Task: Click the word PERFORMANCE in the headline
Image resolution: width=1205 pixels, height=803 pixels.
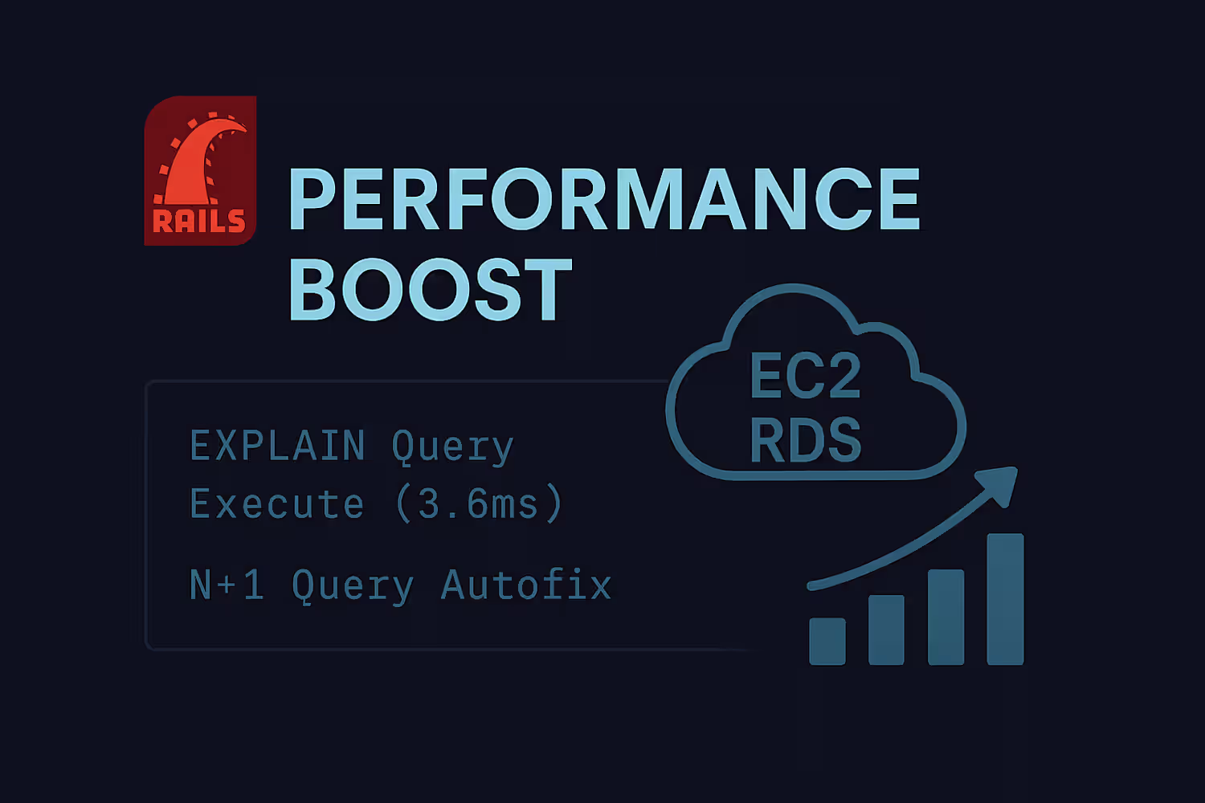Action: coord(605,198)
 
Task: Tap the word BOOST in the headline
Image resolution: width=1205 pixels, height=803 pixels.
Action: coord(431,289)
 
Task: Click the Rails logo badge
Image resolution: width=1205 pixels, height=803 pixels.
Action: coord(200,170)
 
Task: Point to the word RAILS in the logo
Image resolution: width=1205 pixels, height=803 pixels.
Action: coord(199,221)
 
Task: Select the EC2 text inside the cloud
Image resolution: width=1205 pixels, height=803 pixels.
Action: coord(805,377)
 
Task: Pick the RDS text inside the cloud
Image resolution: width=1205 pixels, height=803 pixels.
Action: coord(805,439)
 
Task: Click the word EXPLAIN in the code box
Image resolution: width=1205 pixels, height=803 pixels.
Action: coord(278,446)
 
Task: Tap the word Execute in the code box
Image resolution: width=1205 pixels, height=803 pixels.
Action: coord(276,504)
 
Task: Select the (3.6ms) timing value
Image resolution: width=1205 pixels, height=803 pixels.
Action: coord(479,503)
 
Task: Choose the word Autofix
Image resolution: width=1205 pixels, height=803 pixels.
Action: coord(526,584)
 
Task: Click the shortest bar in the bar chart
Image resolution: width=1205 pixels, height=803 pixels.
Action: coord(827,641)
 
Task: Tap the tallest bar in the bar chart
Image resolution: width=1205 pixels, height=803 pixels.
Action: coord(1005,599)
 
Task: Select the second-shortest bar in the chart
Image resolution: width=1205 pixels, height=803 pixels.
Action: coord(886,630)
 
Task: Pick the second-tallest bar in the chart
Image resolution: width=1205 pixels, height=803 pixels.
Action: coord(946,617)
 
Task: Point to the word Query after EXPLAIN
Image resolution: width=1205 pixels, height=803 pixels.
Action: coord(453,447)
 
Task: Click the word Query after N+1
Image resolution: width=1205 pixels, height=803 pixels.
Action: coord(353,586)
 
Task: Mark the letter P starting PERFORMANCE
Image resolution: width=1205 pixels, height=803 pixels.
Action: coord(312,198)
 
